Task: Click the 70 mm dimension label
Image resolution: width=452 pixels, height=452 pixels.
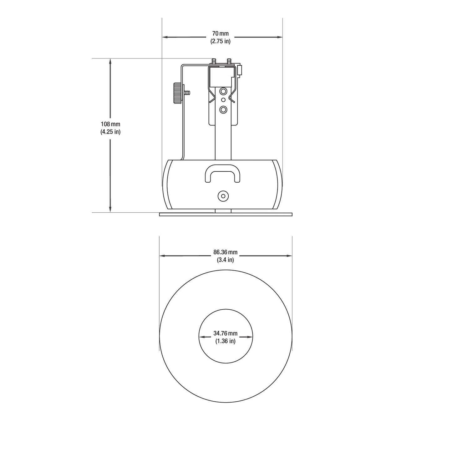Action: pos(220,33)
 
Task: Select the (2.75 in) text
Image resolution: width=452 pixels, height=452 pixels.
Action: pos(220,41)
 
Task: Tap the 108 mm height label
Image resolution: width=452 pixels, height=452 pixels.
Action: pos(110,124)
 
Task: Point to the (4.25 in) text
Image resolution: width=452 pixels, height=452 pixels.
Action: pos(110,132)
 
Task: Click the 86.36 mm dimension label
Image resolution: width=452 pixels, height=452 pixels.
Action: pos(225,252)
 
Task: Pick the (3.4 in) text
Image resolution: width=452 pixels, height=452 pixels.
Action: pos(225,260)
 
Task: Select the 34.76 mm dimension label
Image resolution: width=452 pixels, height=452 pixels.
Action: pos(225,333)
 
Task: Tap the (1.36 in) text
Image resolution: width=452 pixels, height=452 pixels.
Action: pos(225,341)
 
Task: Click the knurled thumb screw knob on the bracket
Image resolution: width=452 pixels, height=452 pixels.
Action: pos(178,93)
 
